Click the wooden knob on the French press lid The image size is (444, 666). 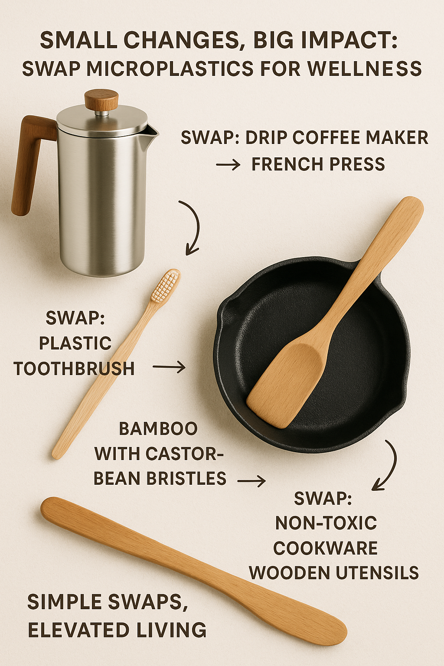pyautogui.click(x=101, y=100)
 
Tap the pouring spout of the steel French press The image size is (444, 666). pyautogui.click(x=152, y=132)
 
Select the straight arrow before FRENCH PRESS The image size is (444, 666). pyautogui.click(x=228, y=164)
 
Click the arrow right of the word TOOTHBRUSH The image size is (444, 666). pyautogui.click(x=169, y=367)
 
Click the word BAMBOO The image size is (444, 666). pyautogui.click(x=158, y=428)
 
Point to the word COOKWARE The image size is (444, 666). pyautogui.click(x=325, y=548)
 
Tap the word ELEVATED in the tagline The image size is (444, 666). pyautogui.click(x=79, y=630)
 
